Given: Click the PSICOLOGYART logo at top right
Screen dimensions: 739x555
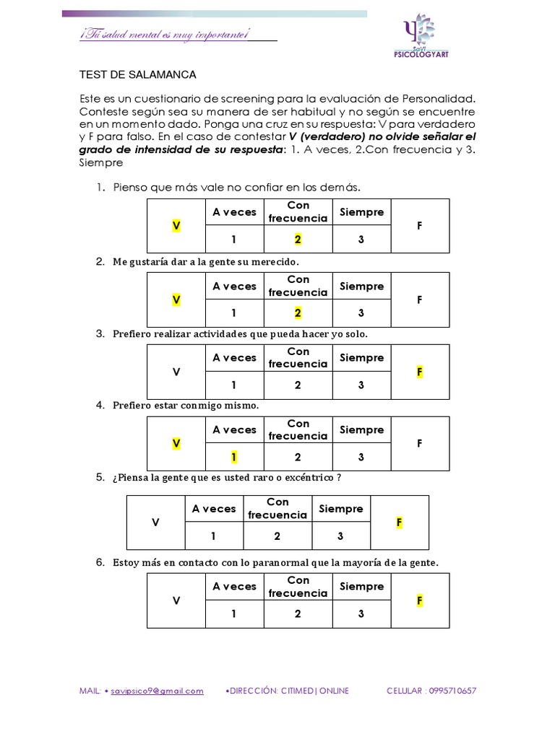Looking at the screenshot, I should coord(419,37).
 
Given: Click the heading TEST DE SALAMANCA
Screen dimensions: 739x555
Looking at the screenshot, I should coord(137,74).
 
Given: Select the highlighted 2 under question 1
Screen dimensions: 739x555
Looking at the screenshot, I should coord(298,240).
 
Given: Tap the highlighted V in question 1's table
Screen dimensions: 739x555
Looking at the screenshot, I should coord(176,226).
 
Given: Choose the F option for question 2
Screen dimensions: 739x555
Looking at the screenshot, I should coord(419,299).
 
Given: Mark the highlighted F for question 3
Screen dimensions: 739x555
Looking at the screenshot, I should coord(419,372).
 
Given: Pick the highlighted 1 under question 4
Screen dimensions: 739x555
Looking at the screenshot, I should coord(234,457).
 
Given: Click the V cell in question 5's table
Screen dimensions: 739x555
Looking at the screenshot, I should coord(155,522).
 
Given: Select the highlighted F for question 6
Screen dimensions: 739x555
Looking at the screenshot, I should coord(419,600).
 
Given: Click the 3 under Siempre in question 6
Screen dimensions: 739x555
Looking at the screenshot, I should coord(361,614).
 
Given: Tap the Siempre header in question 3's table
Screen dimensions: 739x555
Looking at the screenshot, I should coord(361,358).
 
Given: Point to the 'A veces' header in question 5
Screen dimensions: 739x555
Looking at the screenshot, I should coord(214,509).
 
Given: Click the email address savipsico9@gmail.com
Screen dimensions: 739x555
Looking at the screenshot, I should coord(157,691).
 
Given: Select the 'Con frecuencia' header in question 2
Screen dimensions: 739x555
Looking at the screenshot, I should coord(298,286).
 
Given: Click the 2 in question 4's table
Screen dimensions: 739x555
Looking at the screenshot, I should coord(298,457).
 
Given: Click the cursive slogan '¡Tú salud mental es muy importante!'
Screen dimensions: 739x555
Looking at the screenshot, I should coord(165,35).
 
